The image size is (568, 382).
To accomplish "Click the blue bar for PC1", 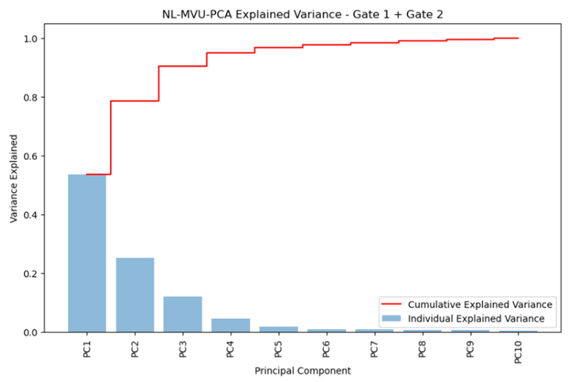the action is [87, 253].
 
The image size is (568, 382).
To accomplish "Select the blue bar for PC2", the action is [135, 295].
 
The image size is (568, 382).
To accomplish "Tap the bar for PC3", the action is [183, 314].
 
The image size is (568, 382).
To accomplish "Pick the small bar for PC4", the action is [231, 325].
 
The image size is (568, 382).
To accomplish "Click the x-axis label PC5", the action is [278, 349].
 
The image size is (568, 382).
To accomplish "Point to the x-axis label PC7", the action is [374, 349].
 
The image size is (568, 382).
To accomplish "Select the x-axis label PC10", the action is [518, 352].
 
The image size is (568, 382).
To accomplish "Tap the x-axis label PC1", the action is [87, 349].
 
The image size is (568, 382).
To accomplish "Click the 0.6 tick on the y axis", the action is [30, 156].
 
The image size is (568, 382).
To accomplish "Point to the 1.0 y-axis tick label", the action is [30, 39].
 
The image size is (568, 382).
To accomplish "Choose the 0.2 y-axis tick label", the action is [30, 274].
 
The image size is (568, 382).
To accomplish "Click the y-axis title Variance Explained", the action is [13, 179].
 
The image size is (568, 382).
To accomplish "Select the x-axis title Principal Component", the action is [303, 371].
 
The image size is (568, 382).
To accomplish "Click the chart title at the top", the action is [303, 15].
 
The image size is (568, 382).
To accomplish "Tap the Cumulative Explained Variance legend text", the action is [480, 304].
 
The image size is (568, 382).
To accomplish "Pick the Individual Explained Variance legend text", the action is [476, 319].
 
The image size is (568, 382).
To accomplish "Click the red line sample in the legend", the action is [391, 304].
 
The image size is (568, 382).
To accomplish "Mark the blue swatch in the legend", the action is [391, 318].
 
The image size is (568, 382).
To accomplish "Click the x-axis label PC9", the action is [470, 349].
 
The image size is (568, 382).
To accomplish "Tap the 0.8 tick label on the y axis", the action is [30, 98].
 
